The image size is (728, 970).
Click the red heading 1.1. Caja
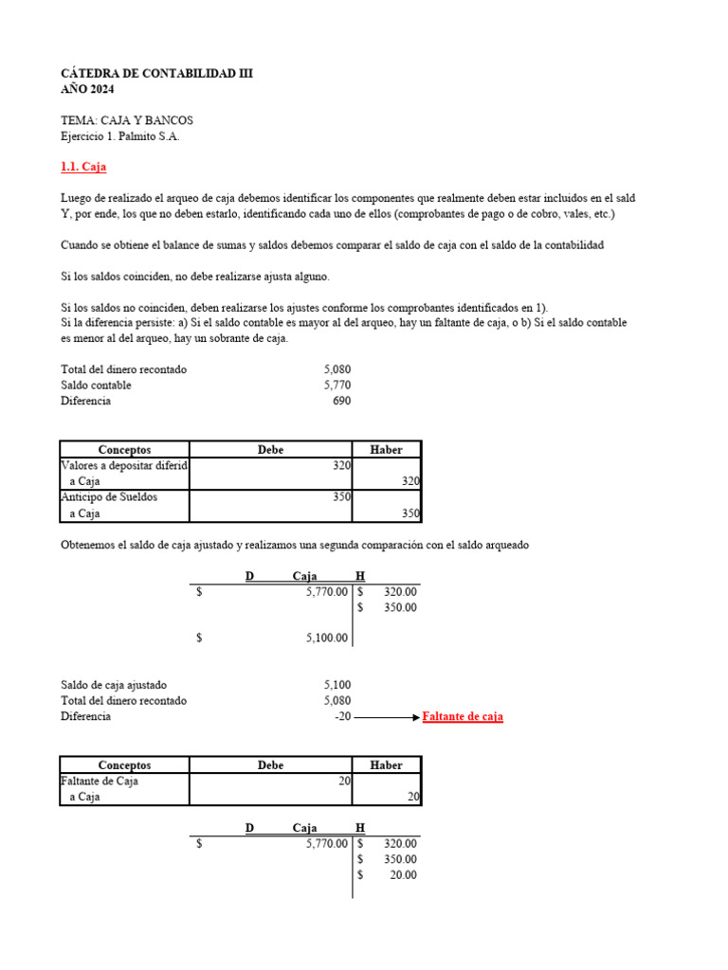tap(83, 167)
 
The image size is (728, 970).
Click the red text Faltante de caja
tap(463, 717)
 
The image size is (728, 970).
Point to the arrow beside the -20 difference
tap(387, 717)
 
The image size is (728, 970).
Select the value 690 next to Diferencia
tap(341, 401)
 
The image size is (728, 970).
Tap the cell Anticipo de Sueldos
tap(109, 497)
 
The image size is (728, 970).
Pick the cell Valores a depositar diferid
tap(124, 466)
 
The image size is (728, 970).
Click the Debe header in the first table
tap(270, 450)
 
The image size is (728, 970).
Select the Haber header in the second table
tap(387, 764)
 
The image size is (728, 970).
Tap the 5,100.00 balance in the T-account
tap(327, 638)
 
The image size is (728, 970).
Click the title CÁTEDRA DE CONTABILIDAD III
tap(156, 73)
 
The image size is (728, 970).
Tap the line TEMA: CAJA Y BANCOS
tap(127, 121)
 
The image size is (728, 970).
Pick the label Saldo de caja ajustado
tap(119, 685)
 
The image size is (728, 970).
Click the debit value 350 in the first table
tap(342, 497)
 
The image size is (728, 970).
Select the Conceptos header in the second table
tap(124, 764)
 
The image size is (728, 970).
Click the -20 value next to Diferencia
tap(342, 717)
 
